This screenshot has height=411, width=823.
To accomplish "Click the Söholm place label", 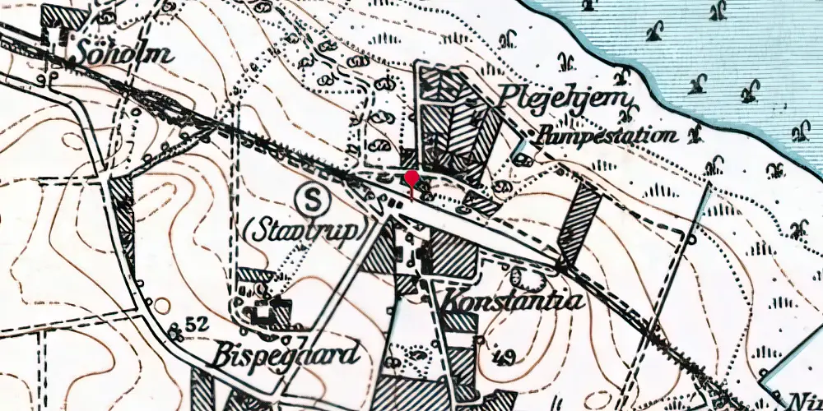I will pos(125,54).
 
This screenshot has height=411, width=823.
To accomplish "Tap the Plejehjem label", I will pos(568,102).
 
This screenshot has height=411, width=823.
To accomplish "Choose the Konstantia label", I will pos(514,301).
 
